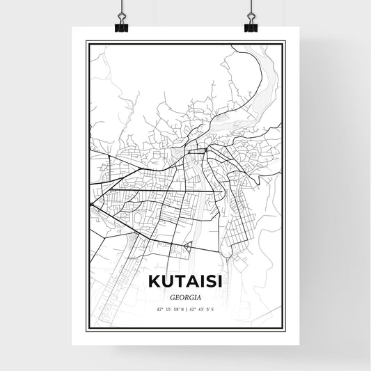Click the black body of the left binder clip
pyautogui.click(x=120, y=27)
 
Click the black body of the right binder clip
pyautogui.click(x=251, y=27)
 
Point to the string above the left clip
pyautogui.click(x=120, y=7)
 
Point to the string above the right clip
pyautogui.click(x=251, y=7)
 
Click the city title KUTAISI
pyautogui.click(x=185, y=282)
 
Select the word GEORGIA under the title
pyautogui.click(x=185, y=295)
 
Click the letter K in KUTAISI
pyautogui.click(x=153, y=282)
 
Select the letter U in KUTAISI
pyautogui.click(x=166, y=282)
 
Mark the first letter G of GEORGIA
pyautogui.click(x=171, y=295)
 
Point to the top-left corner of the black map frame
pyautogui.click(x=87, y=42)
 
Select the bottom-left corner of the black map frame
pyautogui.click(x=87, y=329)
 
